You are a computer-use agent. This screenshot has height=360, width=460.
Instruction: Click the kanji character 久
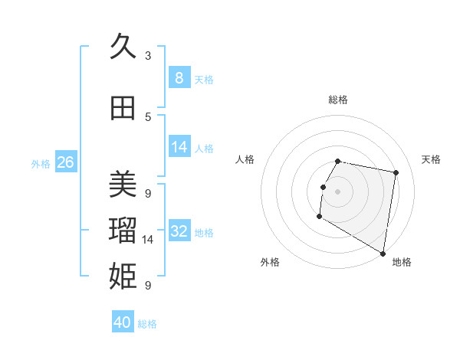coord(123,47)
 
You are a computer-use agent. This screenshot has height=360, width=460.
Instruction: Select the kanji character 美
coord(123,185)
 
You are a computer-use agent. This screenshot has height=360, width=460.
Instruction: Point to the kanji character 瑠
coord(123,231)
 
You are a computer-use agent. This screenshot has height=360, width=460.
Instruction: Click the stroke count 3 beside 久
coord(148,56)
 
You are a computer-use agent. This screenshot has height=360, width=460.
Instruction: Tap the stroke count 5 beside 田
coord(148,117)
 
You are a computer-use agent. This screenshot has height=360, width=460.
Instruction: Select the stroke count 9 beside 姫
coord(148,286)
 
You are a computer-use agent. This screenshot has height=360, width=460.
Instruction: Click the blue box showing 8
coord(179,77)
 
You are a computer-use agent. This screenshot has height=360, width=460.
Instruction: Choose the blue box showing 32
coord(179,231)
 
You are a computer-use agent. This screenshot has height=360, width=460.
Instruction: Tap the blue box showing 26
coord(65,162)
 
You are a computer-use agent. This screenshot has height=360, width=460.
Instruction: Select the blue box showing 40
coord(123,322)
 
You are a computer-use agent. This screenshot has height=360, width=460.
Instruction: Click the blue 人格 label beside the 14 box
coord(204,149)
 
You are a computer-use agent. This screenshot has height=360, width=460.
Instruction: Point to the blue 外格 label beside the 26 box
coord(41,163)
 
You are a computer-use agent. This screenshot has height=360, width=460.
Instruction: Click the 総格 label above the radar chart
coord(338,100)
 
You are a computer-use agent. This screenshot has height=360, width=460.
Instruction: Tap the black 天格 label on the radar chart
coord(431,159)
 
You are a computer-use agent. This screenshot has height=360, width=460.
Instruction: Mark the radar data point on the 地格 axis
coord(383,254)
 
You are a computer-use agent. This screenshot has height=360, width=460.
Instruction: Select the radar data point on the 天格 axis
coord(396,173)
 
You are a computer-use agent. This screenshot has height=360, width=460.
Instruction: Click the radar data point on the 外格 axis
coord(319,217)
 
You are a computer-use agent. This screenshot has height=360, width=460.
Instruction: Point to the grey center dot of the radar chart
coord(337,191)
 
